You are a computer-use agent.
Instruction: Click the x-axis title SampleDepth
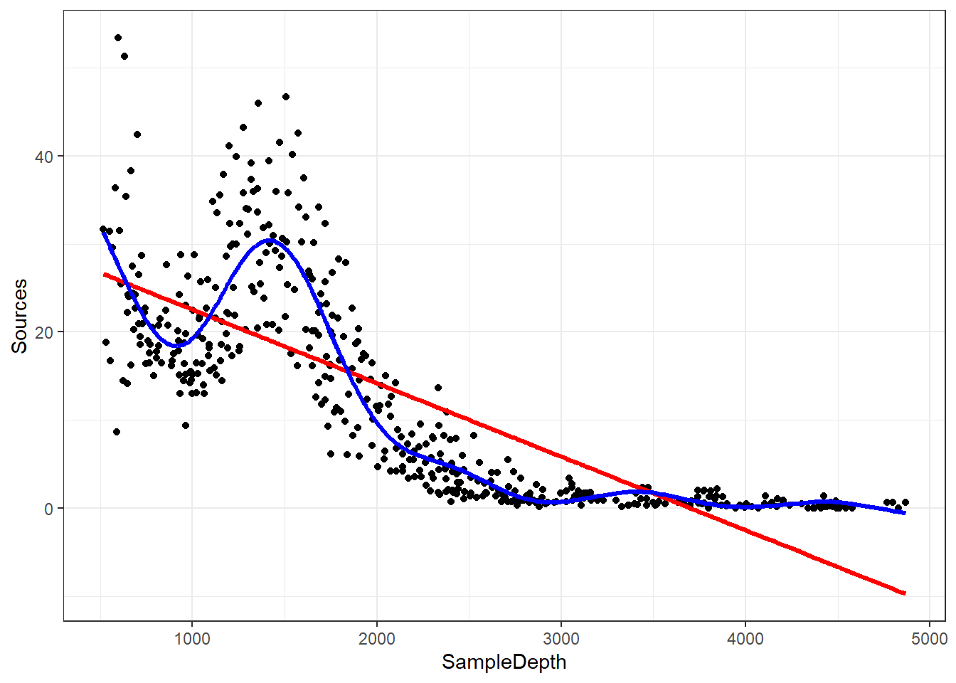(x=504, y=662)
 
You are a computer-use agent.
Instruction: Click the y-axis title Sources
(x=19, y=316)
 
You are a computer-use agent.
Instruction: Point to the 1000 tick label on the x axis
(x=192, y=639)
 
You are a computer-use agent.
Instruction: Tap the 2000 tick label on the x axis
(x=376, y=639)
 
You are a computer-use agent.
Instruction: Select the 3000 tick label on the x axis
(x=561, y=639)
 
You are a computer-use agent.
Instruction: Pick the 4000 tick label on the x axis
(x=745, y=639)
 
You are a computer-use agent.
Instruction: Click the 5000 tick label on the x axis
(x=929, y=639)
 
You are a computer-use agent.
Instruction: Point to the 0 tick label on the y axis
(x=48, y=509)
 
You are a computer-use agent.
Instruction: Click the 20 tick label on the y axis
(x=44, y=332)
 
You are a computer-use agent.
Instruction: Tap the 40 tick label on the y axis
(x=44, y=157)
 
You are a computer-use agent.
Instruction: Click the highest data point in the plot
(x=118, y=38)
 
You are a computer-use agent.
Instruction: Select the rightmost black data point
(x=905, y=502)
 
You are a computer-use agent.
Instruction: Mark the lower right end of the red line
(x=904, y=593)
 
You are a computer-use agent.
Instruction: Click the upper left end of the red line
(x=105, y=274)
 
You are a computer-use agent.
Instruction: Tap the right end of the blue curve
(x=904, y=512)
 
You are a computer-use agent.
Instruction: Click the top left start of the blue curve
(x=104, y=231)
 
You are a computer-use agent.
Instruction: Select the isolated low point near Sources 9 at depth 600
(x=117, y=432)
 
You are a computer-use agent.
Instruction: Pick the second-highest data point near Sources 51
(x=124, y=56)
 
